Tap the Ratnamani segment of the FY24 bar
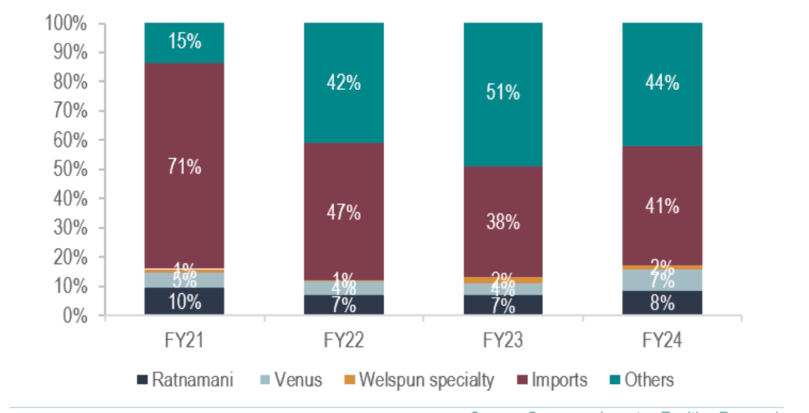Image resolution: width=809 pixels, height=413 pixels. coord(662,302)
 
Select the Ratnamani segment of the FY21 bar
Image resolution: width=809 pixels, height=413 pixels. coord(185,301)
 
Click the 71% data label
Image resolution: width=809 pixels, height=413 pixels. coord(185,167)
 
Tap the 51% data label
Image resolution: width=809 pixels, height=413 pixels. coord(503,92)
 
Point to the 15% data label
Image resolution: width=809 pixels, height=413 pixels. coord(185,41)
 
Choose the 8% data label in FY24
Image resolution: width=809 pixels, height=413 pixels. coord(662,303)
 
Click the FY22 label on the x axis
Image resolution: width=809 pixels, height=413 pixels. coord(344,341)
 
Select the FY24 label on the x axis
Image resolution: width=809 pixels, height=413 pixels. coord(662,341)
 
